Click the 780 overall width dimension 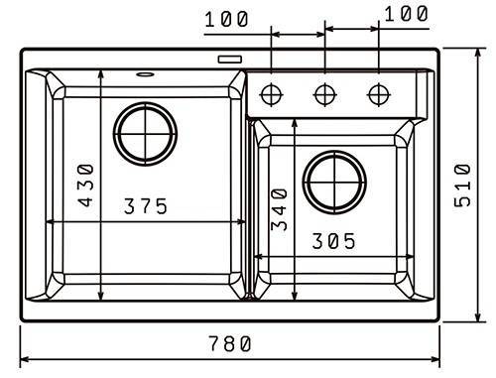click(230, 343)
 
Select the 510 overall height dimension click(462, 186)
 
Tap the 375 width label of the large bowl click(146, 206)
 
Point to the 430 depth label click(85, 185)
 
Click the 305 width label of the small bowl click(333, 241)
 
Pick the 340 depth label click(279, 209)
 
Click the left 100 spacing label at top click(226, 19)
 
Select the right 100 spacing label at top click(407, 14)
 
